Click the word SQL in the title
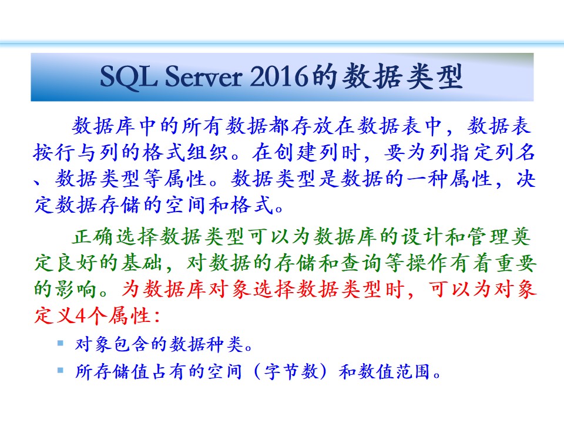tap(129, 76)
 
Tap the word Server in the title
tap(203, 76)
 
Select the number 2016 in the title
tap(279, 76)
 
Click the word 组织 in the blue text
tap(207, 153)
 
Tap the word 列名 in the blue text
tap(515, 153)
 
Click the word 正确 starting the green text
tap(93, 237)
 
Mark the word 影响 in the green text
tap(76, 290)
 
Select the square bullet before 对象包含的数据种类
tap(61, 343)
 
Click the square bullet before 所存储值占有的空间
tap(61, 370)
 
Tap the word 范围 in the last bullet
tap(412, 371)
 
